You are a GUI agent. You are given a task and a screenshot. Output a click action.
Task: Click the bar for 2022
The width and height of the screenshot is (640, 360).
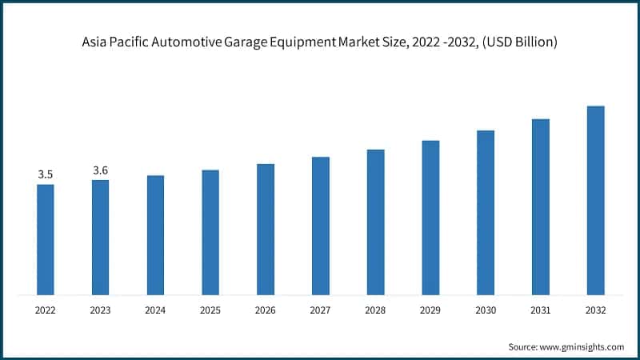46,239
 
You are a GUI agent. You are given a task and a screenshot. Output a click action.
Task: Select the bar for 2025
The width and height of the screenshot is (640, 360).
210,232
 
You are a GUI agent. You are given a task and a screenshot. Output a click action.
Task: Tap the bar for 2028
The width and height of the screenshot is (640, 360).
375,222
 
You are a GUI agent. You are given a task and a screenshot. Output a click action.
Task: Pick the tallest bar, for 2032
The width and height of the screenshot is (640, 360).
595,200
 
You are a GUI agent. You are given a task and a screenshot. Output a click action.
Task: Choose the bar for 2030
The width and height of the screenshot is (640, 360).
486,212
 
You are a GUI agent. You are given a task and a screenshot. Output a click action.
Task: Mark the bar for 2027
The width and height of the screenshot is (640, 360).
320,226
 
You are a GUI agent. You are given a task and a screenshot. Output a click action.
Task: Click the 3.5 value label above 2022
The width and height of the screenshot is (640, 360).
46,174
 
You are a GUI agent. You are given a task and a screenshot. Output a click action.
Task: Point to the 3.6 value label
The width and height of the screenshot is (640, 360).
101,170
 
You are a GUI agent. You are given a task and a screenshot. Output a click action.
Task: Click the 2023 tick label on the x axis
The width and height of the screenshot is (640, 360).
101,310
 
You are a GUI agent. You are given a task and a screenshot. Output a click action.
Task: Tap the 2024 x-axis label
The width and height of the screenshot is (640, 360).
155,310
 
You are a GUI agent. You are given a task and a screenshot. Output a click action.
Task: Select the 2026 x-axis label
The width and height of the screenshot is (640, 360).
266,310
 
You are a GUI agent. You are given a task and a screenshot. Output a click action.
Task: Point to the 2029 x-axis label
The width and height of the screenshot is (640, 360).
430,310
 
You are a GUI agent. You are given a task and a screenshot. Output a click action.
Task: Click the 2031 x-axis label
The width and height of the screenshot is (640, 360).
541,310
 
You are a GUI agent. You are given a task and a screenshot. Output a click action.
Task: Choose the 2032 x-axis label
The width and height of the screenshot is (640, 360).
595,310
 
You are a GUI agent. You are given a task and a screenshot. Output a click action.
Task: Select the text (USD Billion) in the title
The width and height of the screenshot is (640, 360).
518,41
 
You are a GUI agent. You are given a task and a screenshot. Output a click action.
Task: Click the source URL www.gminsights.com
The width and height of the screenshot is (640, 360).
582,346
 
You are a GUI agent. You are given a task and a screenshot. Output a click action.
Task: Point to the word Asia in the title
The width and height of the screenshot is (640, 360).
95,41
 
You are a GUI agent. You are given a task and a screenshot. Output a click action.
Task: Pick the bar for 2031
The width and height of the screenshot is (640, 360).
541,206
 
